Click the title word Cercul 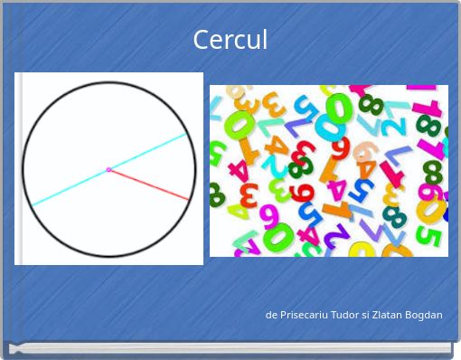230,41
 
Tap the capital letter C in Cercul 201,41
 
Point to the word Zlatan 394,315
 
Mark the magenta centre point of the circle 108,170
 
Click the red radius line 149,185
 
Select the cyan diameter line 72,186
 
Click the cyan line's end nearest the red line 186,135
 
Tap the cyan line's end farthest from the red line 33,204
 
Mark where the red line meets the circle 189,199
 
